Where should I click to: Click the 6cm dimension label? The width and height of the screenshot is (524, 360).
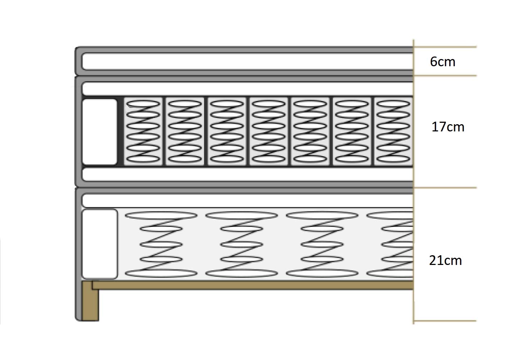pyautogui.click(x=443, y=62)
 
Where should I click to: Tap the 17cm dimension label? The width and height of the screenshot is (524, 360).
pyautogui.click(x=448, y=127)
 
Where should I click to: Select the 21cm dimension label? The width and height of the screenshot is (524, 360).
pyautogui.click(x=446, y=260)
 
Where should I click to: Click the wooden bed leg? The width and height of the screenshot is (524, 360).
pyautogui.click(x=90, y=301)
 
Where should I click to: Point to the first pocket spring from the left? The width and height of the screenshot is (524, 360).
pyautogui.click(x=143, y=131)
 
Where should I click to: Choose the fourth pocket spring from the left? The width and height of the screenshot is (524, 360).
pyautogui.click(x=268, y=131)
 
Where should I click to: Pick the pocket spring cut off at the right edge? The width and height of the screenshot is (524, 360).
pyautogui.click(x=393, y=131)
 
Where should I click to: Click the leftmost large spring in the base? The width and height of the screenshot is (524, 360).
pyautogui.click(x=161, y=244)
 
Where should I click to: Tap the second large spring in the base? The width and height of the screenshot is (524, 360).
pyautogui.click(x=241, y=244)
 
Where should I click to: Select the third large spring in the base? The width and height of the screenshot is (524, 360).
pyautogui.click(x=322, y=244)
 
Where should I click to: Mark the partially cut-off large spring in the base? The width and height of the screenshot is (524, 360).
pyautogui.click(x=390, y=244)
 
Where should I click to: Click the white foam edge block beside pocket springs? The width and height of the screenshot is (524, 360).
pyautogui.click(x=99, y=132)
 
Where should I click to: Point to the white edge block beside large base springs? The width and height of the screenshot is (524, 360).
pyautogui.click(x=99, y=244)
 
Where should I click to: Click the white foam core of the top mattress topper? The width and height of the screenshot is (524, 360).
pyautogui.click(x=248, y=62)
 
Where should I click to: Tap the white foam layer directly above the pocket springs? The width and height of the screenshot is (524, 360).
pyautogui.click(x=248, y=89)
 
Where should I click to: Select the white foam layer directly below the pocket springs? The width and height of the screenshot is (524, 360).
pyautogui.click(x=248, y=174)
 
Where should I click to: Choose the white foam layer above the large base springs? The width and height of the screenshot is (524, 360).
pyautogui.click(x=248, y=201)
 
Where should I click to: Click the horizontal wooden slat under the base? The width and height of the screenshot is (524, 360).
pyautogui.click(x=253, y=285)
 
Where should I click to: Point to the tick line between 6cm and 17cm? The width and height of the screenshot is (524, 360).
pyautogui.click(x=445, y=76)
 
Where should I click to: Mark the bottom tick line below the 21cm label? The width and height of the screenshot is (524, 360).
pyautogui.click(x=445, y=321)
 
